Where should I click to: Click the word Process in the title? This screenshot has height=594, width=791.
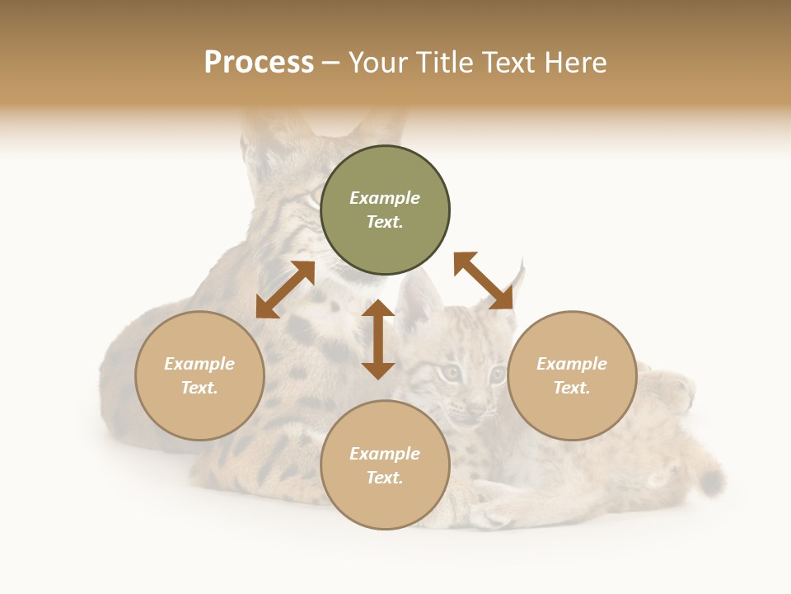click(x=259, y=63)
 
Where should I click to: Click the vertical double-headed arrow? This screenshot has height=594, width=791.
click(x=378, y=339)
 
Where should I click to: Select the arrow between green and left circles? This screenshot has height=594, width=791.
click(x=285, y=290)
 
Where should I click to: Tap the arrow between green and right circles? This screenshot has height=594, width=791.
click(x=483, y=280)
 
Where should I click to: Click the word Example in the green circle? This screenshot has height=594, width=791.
click(x=385, y=198)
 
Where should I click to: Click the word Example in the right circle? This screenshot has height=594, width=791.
click(x=572, y=364)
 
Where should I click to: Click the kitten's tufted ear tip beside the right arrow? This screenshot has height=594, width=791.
click(x=520, y=266)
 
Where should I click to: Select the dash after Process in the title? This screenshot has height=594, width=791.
click(x=330, y=64)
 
